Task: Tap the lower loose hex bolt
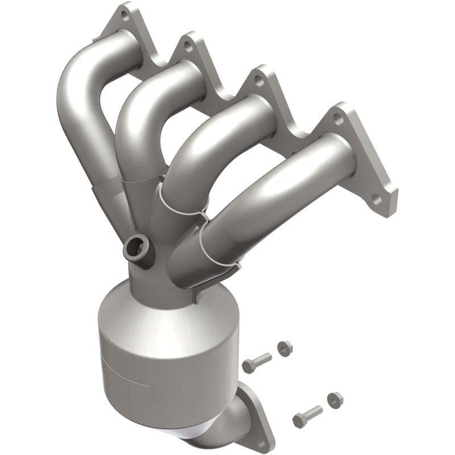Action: (x=307, y=414)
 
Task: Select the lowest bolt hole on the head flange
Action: (x=375, y=201)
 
